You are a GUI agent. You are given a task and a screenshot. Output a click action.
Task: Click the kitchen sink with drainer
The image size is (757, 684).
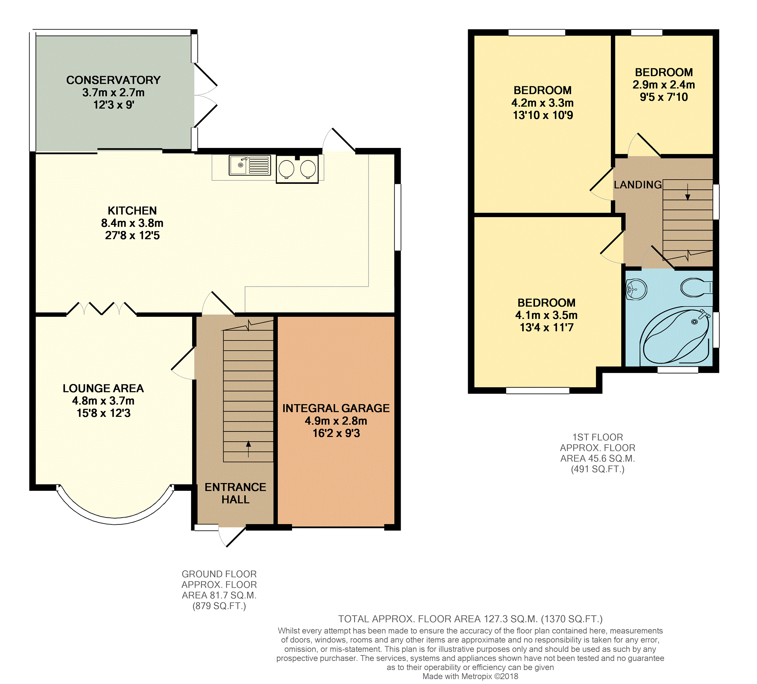250,165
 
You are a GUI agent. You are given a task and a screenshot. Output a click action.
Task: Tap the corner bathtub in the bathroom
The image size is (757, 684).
676,335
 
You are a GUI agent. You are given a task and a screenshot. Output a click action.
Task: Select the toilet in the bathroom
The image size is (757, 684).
696,287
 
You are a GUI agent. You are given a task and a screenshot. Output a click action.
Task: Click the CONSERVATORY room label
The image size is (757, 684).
113,80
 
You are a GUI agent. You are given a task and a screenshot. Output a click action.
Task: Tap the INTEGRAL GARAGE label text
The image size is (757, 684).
336,408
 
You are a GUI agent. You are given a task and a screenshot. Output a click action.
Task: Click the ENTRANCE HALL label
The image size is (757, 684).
236,493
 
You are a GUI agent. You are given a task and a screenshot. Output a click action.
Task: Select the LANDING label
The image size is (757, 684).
638,185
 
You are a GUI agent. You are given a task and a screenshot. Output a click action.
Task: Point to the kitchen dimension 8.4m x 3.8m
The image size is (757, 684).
132,223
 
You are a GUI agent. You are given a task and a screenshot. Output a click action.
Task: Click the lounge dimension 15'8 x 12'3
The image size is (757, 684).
104,413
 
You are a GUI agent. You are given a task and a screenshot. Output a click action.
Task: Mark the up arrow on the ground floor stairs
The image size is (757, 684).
248,449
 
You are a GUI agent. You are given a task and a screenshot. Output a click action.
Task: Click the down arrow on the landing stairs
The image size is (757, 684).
687,192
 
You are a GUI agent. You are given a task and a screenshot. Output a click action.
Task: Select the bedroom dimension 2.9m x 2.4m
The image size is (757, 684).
664,85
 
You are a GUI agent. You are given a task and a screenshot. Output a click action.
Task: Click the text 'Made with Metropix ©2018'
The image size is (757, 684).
470,676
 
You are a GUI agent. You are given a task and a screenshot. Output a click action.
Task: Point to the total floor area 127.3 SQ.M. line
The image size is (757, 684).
470,619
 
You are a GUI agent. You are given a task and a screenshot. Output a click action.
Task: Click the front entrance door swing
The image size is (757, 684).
232,537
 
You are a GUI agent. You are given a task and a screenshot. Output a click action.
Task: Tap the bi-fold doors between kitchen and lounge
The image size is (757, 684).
101,308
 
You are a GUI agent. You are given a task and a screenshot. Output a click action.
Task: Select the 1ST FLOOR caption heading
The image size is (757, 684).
597,437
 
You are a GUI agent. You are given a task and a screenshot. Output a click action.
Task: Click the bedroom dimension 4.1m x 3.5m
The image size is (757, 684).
546,315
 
